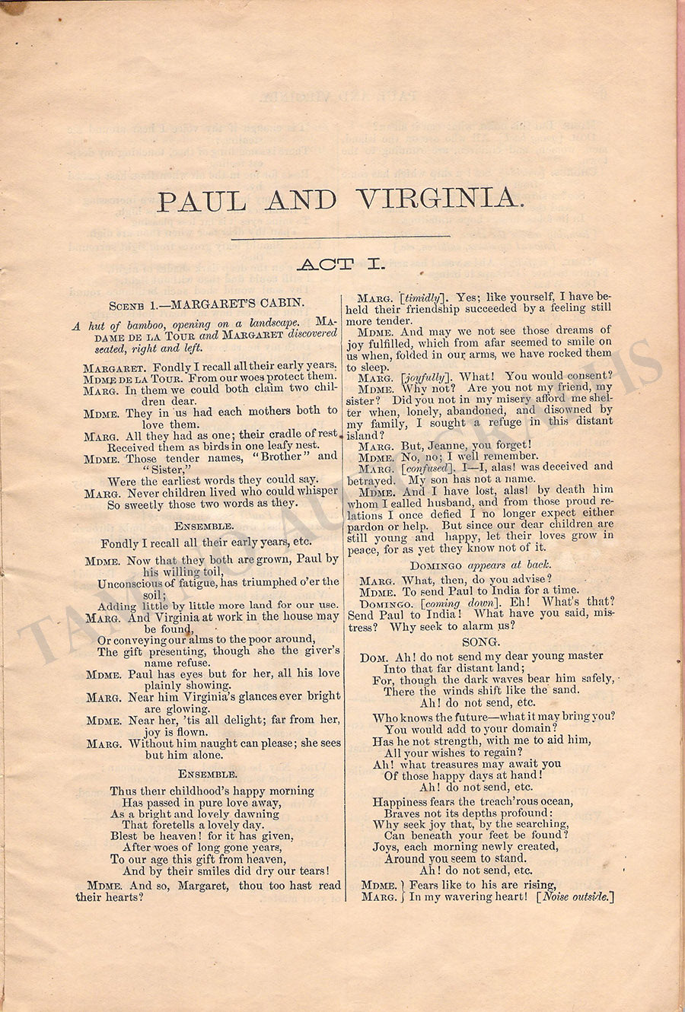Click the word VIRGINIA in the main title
pyautogui.click(x=440, y=201)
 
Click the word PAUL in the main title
pyautogui.click(x=202, y=202)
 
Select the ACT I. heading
pyautogui.click(x=341, y=264)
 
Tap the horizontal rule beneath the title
pyautogui.click(x=340, y=237)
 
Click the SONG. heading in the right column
pyautogui.click(x=480, y=641)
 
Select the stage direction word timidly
pyautogui.click(x=422, y=298)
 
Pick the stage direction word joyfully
pyautogui.click(x=425, y=377)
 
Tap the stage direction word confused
pyautogui.click(x=429, y=467)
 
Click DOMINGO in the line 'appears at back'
pyautogui.click(x=436, y=565)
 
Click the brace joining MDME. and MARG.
pyautogui.click(x=402, y=891)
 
